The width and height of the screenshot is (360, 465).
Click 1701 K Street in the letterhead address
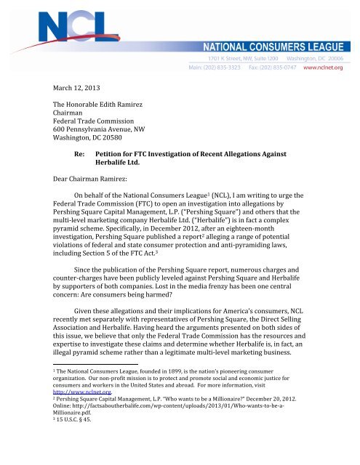[228, 56]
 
